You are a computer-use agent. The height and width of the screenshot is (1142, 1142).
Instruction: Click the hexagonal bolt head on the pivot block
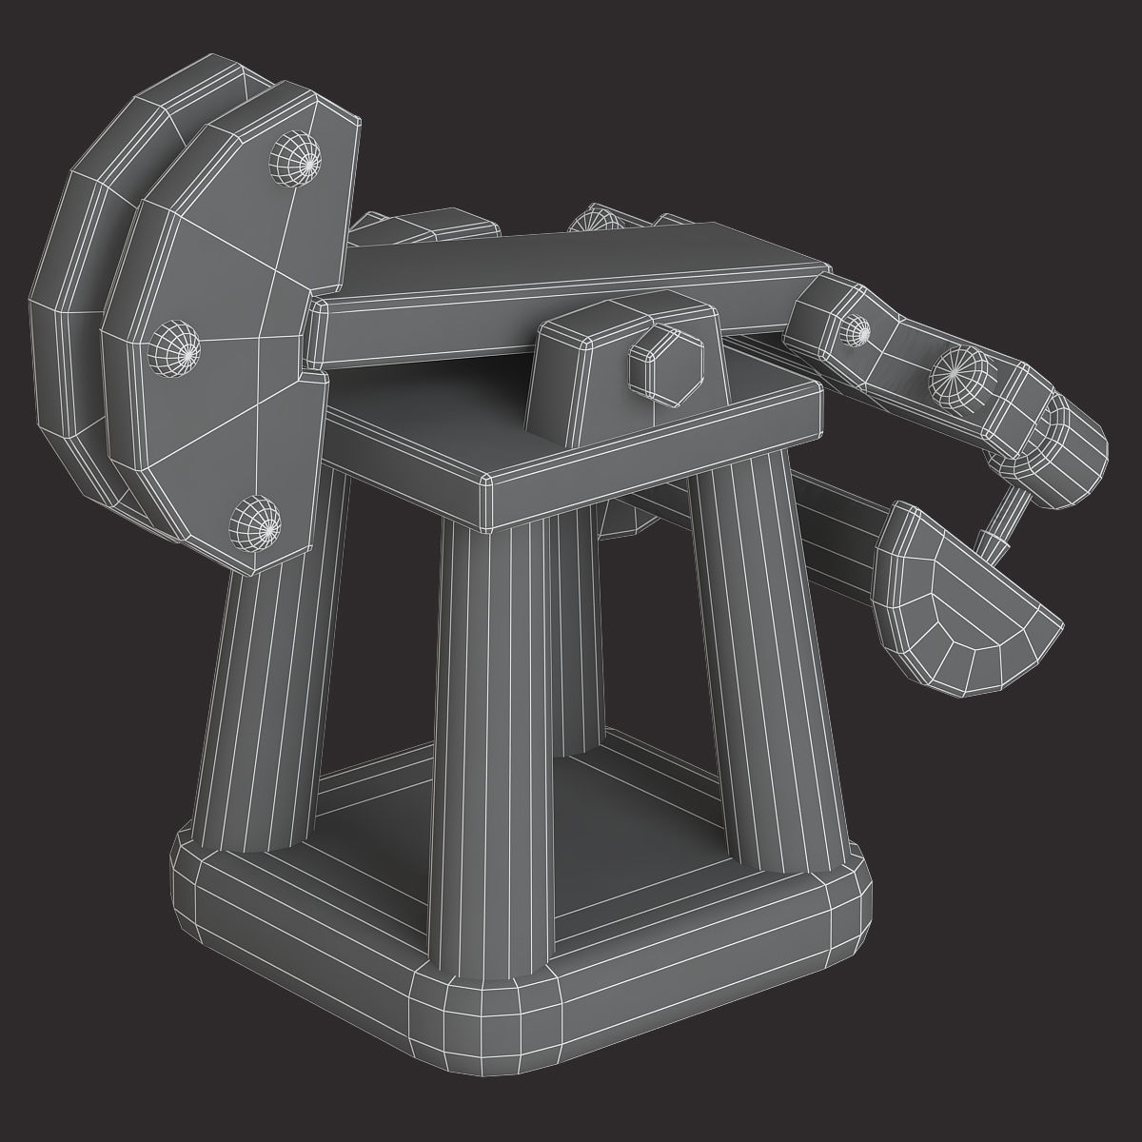665,364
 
